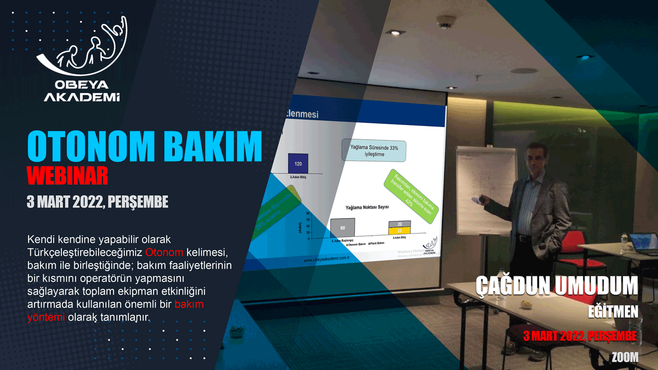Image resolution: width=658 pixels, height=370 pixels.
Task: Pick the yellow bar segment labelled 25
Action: point(400,231)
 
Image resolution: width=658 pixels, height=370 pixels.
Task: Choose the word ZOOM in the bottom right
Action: point(625,357)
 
